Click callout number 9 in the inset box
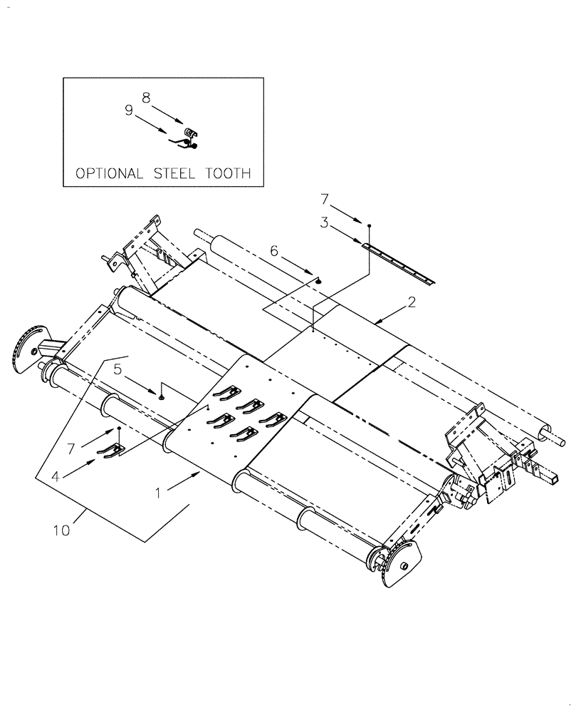(x=129, y=111)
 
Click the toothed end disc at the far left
(x=31, y=347)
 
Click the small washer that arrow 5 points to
(x=162, y=396)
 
